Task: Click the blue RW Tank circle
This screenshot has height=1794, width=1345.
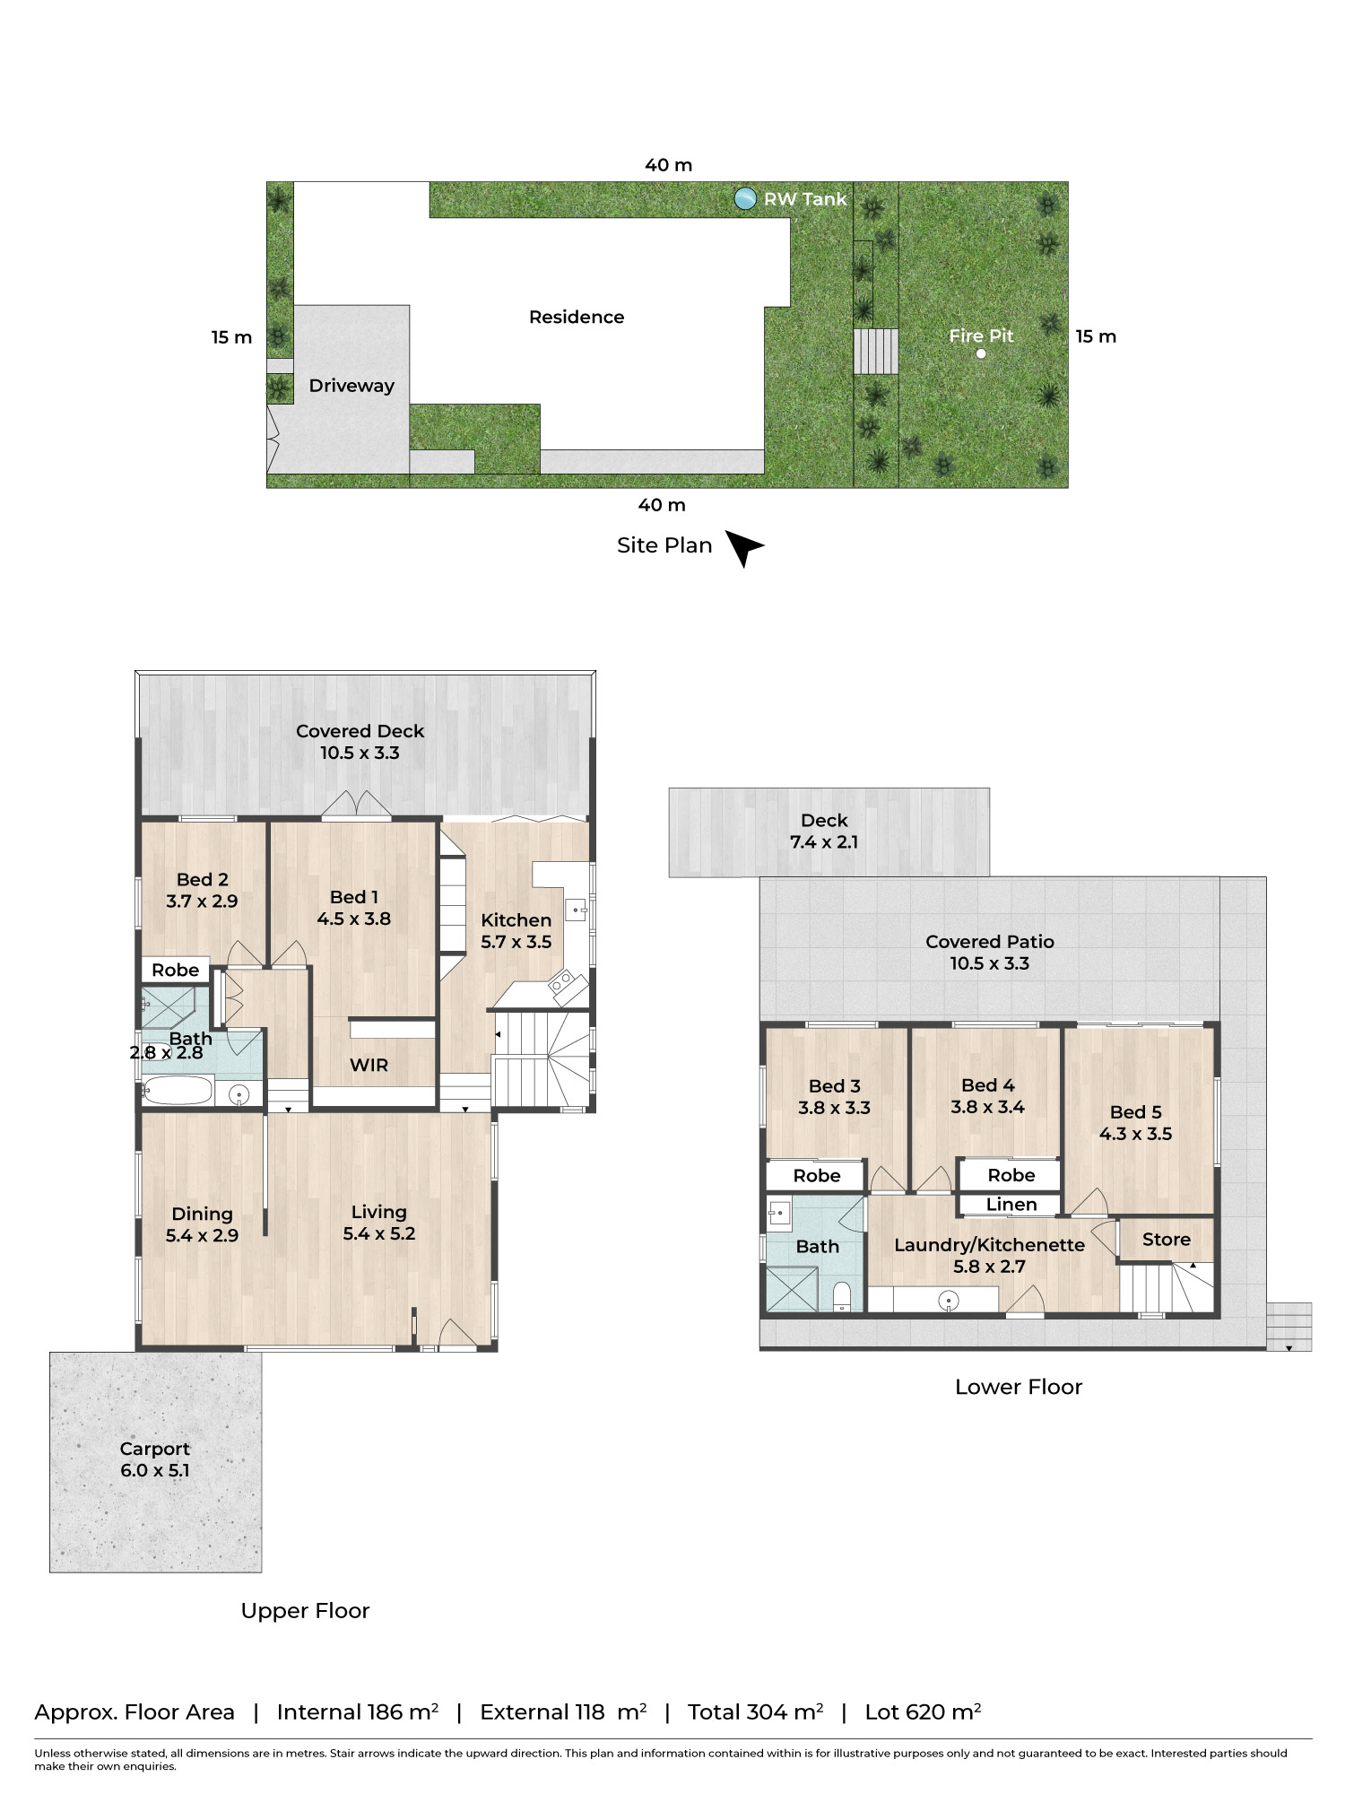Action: pos(744,199)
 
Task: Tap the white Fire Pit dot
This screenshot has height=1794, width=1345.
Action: pos(981,353)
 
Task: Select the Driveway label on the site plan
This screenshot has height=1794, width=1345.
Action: pos(351,386)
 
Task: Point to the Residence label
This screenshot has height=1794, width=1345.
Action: pos(577,318)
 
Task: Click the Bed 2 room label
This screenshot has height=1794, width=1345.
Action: pos(202,890)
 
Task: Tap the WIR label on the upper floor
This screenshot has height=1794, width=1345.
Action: pos(369,1065)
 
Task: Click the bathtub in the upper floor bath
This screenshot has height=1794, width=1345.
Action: pos(178,1092)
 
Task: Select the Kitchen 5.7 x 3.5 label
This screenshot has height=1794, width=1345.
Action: pos(516,931)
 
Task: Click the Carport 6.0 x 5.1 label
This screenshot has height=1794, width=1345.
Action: pos(154,1459)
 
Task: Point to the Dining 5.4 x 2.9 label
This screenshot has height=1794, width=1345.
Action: pos(202,1224)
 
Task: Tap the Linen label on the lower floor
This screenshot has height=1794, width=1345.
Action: pos(1011,1205)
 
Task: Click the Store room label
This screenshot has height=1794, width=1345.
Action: pos(1166,1240)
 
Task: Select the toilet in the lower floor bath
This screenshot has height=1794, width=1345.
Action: pos(841,1297)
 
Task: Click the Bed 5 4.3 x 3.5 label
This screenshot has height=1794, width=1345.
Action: pos(1135,1123)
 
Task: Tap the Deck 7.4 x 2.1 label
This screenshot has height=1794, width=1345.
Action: pos(823,832)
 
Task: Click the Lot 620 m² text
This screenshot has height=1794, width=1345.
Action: pos(922,1712)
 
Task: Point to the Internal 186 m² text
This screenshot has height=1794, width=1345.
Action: pos(357,1712)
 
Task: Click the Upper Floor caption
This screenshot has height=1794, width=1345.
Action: pos(305,1611)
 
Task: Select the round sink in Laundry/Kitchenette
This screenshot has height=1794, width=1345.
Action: pos(948,1300)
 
